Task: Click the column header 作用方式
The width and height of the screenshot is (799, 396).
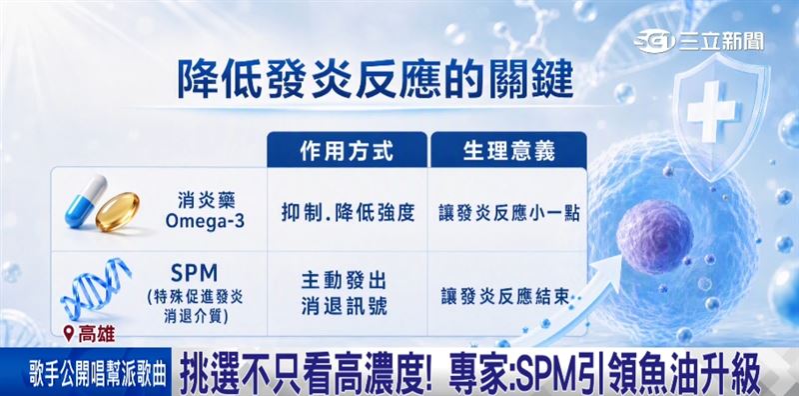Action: (347, 152)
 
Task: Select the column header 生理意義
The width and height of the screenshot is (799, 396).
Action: (508, 152)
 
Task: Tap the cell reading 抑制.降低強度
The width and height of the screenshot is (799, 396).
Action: (348, 212)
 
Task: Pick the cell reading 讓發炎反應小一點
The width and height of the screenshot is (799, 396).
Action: (509, 213)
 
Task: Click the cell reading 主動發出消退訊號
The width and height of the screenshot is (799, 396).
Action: (344, 293)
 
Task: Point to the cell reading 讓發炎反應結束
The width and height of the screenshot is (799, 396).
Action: (505, 296)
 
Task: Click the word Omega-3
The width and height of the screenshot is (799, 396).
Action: (205, 221)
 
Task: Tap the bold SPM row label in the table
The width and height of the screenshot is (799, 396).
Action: (194, 274)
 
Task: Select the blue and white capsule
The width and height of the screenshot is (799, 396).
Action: (86, 201)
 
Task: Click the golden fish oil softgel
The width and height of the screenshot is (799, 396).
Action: (118, 211)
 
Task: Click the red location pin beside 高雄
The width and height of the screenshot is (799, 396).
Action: (69, 333)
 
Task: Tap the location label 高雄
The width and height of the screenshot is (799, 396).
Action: (96, 334)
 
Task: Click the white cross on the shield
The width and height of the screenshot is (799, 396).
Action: (711, 111)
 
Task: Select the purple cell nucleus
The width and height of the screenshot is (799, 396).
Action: (654, 236)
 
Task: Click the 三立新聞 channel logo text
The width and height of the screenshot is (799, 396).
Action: (721, 41)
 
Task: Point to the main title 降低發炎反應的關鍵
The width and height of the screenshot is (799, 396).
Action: (376, 79)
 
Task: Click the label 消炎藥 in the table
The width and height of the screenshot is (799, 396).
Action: (200, 200)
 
